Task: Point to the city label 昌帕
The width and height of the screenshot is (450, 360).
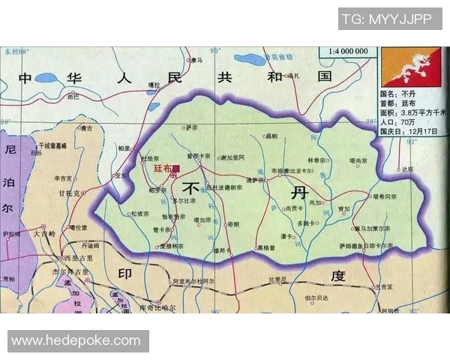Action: click(x=271, y=136)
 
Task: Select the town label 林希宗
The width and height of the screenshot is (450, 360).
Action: click(x=317, y=160)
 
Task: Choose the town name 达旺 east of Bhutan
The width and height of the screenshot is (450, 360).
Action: click(x=406, y=169)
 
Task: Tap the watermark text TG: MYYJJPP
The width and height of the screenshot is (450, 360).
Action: click(x=386, y=19)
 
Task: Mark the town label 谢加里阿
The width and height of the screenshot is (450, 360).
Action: click(x=232, y=157)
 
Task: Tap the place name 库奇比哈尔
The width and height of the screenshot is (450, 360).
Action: click(x=157, y=307)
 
